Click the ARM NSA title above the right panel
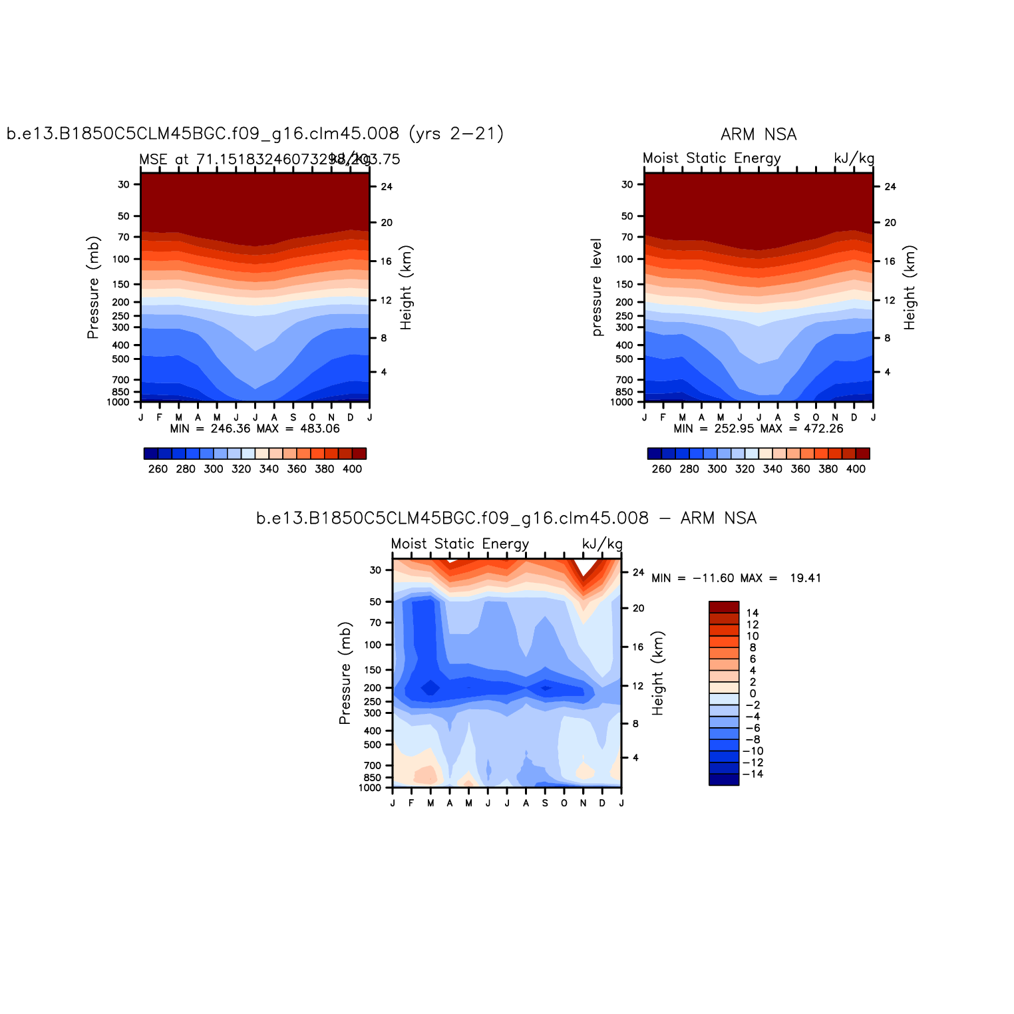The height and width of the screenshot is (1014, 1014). (x=758, y=134)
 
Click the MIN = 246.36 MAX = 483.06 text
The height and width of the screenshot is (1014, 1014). (x=255, y=428)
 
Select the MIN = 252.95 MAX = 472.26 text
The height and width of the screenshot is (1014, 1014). (x=759, y=428)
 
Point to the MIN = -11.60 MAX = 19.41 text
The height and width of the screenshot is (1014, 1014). (x=736, y=578)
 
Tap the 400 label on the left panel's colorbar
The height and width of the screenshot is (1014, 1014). (x=352, y=469)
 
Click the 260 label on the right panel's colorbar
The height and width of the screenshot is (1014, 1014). (x=661, y=469)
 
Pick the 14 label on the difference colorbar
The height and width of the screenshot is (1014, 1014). (x=753, y=613)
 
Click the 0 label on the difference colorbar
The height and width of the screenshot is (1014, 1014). (x=753, y=693)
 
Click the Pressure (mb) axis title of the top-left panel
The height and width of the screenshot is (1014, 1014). (x=93, y=287)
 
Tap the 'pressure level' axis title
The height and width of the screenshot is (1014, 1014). (x=597, y=287)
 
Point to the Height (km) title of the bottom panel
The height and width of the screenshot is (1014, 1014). (x=658, y=673)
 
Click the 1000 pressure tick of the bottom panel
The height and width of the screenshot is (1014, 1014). (x=370, y=788)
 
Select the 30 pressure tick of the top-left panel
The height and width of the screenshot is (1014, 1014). (x=124, y=184)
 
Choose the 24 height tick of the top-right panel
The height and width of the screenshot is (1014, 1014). (x=890, y=186)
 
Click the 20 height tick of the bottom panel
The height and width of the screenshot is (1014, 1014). (x=638, y=608)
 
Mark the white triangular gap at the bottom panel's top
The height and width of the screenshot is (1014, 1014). (x=584, y=566)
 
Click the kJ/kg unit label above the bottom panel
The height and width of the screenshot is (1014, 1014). (x=602, y=544)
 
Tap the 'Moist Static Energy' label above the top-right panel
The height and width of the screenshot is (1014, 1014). (x=711, y=158)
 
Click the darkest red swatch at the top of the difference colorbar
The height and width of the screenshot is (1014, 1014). (x=724, y=607)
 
